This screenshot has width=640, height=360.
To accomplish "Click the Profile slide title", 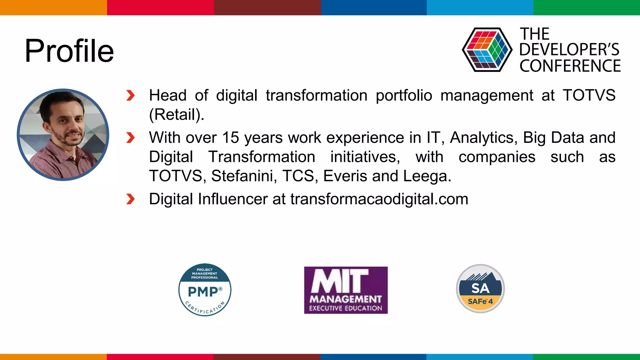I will coord(69,51).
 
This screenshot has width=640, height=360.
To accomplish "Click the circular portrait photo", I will coord(63,135).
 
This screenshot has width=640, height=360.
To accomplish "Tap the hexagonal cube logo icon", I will coord(487,50).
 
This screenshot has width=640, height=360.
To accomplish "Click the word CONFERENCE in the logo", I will coord(570,66).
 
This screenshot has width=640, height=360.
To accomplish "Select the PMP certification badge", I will coord(205,290).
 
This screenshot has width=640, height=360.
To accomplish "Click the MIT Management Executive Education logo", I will coord(346,290).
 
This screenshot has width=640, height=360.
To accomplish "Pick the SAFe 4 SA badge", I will coord(480,288).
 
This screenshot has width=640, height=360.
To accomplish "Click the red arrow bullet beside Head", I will coord(130,96).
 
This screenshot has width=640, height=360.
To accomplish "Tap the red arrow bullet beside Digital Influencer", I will coord(130,199).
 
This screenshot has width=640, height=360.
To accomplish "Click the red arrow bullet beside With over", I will coord(130,137).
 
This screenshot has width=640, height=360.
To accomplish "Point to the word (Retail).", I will coord(177,115).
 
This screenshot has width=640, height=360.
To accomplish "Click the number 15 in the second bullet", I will coord(231,138).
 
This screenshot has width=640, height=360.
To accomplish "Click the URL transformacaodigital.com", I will coord(379,199).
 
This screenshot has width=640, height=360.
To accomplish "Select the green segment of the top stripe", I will coord(586,7).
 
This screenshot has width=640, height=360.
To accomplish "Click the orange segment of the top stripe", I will coord(53,7).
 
